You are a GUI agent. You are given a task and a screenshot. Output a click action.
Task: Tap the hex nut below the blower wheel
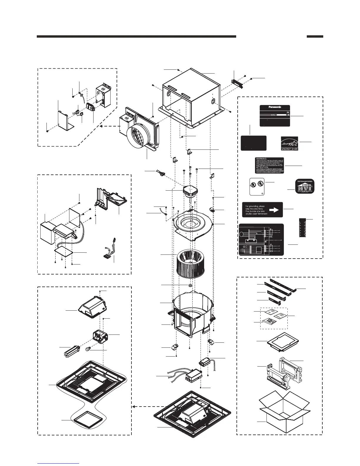(190, 285)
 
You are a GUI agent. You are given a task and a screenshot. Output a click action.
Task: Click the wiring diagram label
(261, 239)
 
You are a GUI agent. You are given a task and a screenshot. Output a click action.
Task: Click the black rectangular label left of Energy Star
(254, 143)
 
